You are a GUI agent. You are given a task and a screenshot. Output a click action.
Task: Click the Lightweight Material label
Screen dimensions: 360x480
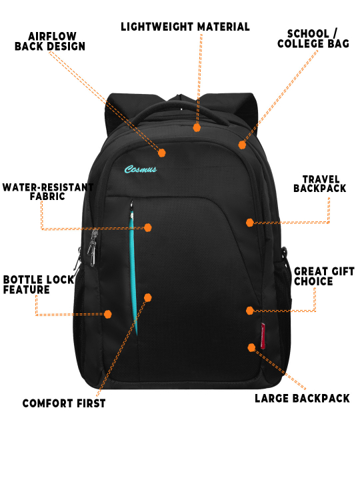pyautogui.click(x=185, y=27)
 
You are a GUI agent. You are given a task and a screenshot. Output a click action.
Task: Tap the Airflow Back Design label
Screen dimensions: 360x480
pyautogui.click(x=50, y=41)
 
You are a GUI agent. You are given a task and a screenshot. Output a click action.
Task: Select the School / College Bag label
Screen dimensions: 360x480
pyautogui.click(x=313, y=39)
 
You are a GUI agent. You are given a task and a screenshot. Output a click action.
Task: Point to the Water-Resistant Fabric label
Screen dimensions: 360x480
pyautogui.click(x=48, y=191)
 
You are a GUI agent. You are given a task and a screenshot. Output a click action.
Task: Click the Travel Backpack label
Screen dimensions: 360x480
pyautogui.click(x=320, y=184)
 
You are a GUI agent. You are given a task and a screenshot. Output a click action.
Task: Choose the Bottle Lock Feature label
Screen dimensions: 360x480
pyautogui.click(x=39, y=285)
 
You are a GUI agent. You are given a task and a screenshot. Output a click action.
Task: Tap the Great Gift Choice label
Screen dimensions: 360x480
pyautogui.click(x=324, y=277)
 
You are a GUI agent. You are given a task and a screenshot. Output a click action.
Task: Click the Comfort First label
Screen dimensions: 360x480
pyautogui.click(x=64, y=403)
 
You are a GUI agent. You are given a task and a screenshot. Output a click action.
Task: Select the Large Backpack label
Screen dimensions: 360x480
pyautogui.click(x=302, y=398)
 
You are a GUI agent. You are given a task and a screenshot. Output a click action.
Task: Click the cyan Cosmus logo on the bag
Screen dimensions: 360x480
pyautogui.click(x=141, y=169)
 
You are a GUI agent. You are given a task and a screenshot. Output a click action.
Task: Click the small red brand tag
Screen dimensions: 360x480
pyautogui.click(x=263, y=336)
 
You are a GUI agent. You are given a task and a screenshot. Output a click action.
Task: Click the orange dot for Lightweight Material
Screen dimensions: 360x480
pyautogui.click(x=197, y=127)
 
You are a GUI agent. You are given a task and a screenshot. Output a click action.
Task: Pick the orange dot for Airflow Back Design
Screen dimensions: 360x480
pyautogui.click(x=162, y=153)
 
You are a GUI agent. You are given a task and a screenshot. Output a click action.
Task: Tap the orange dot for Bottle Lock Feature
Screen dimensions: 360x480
pyautogui.click(x=107, y=314)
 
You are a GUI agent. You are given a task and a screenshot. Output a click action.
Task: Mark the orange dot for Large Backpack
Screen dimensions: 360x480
pyautogui.click(x=251, y=347)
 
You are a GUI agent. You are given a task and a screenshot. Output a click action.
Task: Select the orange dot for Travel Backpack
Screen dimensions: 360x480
pyautogui.click(x=250, y=223)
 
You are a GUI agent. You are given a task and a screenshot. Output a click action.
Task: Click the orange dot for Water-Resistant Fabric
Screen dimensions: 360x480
pyautogui.click(x=148, y=227)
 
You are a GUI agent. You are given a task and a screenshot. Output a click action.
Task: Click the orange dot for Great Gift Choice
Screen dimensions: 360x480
pyautogui.click(x=250, y=311)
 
